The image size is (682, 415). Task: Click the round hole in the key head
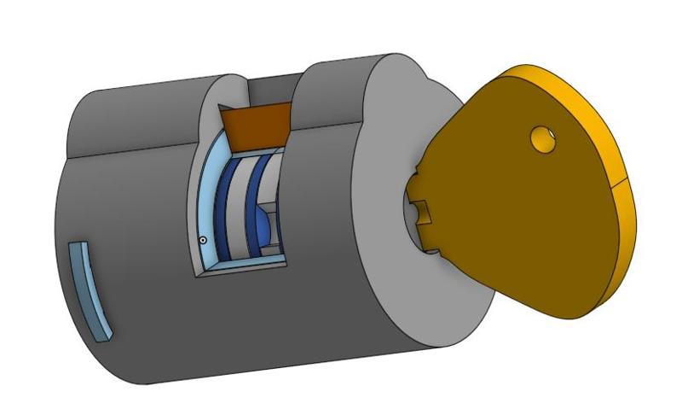tap(541, 137)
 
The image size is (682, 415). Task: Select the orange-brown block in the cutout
tap(257, 125)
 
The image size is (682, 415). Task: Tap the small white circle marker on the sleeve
tap(203, 240)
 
